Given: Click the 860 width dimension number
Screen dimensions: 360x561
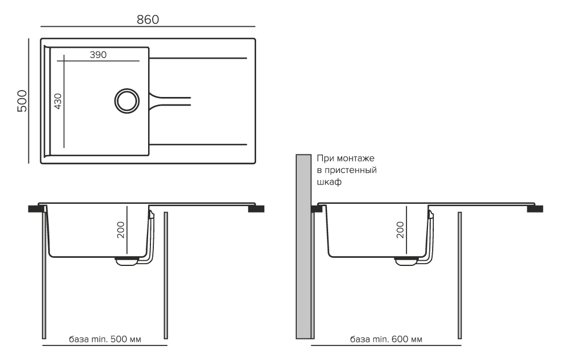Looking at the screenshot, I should pos(148,19).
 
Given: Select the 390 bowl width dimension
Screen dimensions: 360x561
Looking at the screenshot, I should pos(98,55).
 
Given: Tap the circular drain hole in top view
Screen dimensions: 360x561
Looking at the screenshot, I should pos(127,100).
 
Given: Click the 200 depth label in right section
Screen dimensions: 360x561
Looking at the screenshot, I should pos(400,231).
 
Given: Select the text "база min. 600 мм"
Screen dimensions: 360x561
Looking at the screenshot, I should pos(386,339).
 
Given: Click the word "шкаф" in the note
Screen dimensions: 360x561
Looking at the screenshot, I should pos(329,181).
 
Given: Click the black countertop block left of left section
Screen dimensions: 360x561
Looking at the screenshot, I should pos(35,208).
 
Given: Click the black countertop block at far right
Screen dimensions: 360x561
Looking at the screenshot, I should pos(535,208).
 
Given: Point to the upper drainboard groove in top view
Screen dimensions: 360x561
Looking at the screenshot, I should pos(199,58).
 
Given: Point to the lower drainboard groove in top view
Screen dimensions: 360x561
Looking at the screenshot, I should pos(199,143).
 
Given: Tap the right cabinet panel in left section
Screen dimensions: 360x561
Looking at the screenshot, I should pos(166,275).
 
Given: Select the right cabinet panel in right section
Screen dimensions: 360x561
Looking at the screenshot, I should pos(460,275).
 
